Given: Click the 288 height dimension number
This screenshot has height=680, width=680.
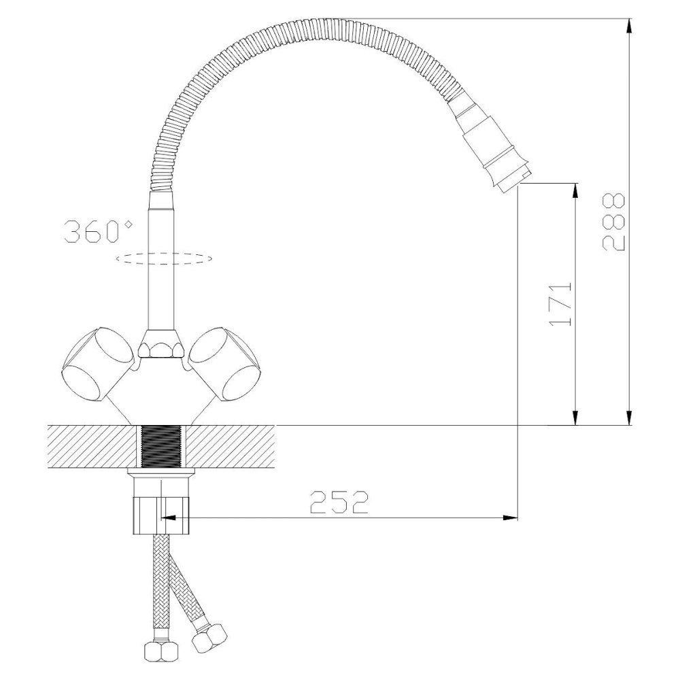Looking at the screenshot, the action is (x=613, y=222).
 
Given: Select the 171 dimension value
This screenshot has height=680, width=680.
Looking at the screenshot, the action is (x=560, y=305).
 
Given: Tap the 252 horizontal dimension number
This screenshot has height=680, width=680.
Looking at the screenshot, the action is (x=339, y=503).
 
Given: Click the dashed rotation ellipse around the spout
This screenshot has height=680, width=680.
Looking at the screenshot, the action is (x=164, y=258).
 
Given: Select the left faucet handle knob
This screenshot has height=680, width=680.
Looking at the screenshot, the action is (x=97, y=364).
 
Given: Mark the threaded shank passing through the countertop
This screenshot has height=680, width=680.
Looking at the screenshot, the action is (x=161, y=446).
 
